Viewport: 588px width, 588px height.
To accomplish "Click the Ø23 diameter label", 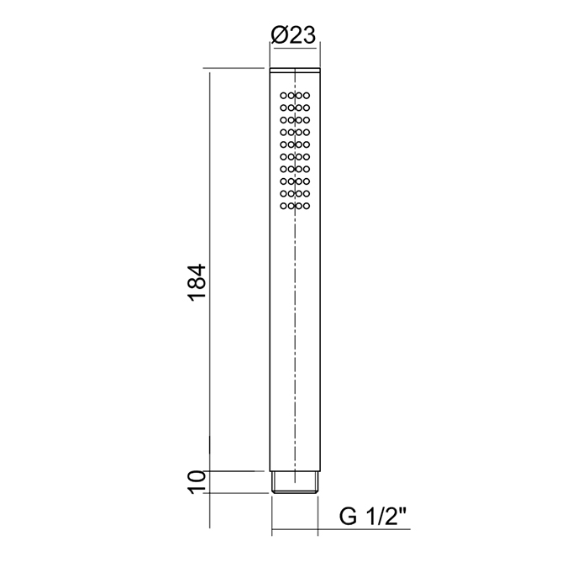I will click(293, 35).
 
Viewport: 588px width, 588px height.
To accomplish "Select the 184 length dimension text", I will click(194, 283).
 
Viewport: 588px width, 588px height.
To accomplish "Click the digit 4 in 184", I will click(194, 270).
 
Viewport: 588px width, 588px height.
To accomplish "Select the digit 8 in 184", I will click(194, 284).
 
